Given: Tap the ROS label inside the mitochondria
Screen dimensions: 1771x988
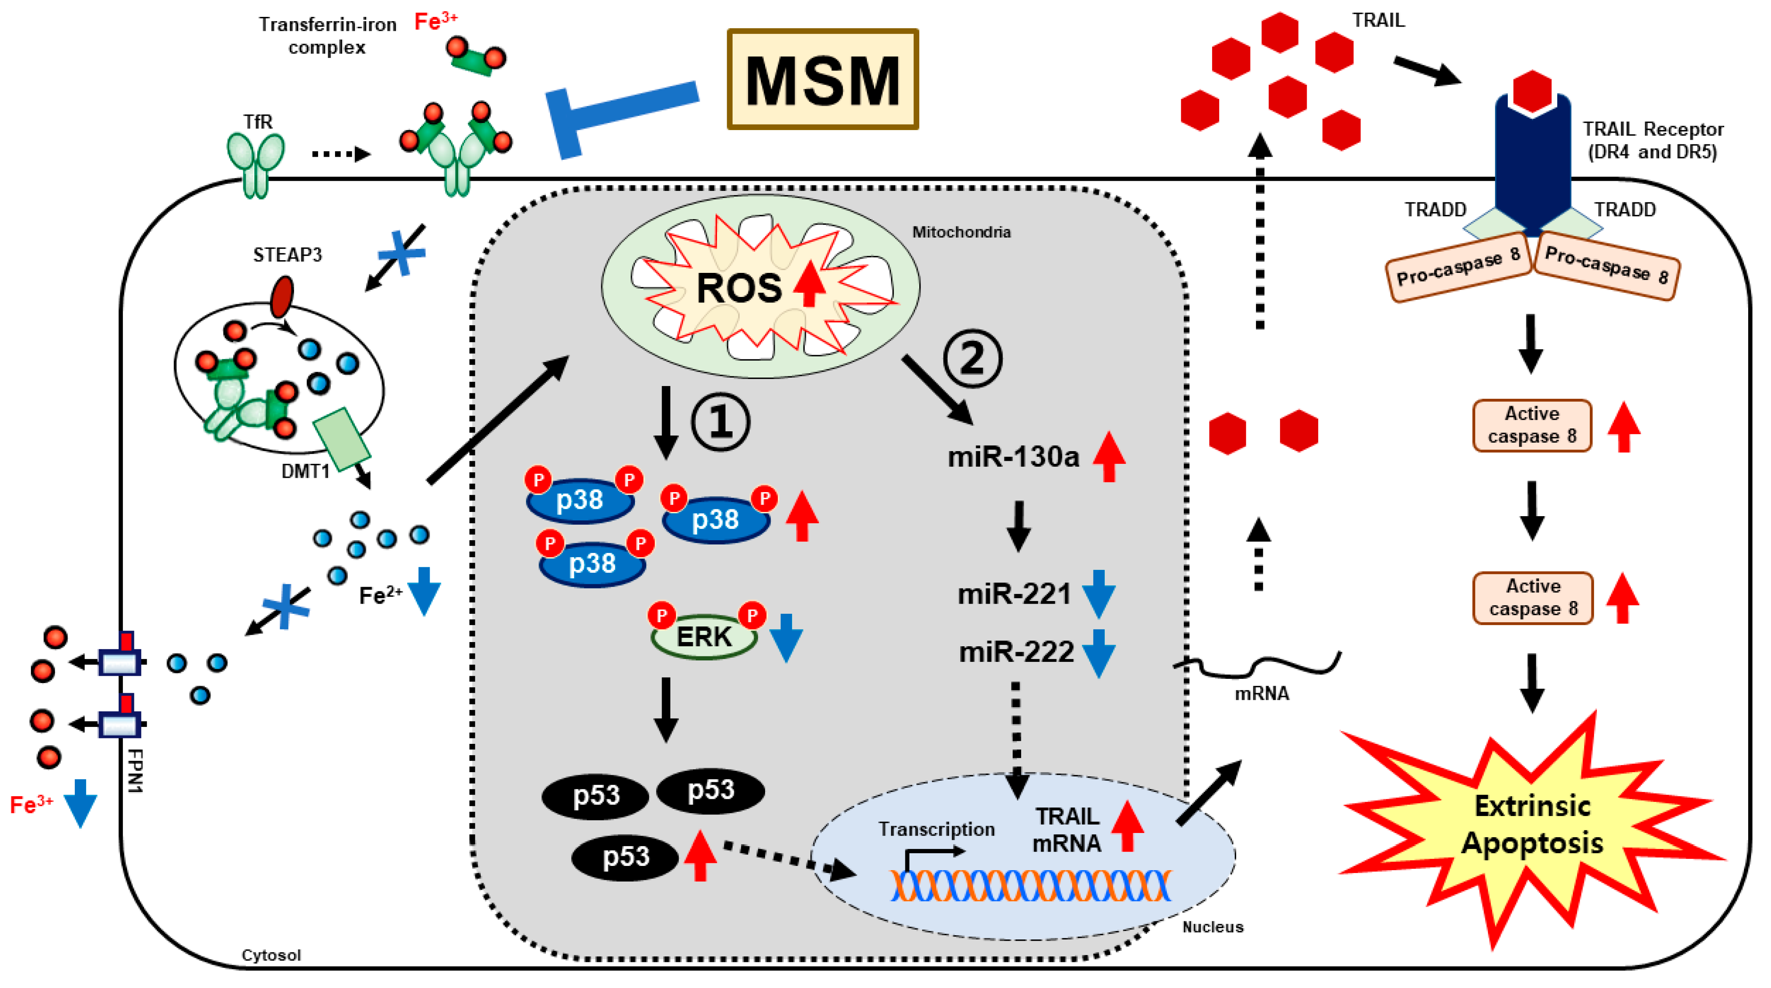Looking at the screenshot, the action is [x=739, y=287].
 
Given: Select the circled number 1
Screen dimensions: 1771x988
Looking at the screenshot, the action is [x=720, y=422].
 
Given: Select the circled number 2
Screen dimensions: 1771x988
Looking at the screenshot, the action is [x=972, y=358].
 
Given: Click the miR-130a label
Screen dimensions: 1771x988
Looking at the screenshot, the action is [x=1014, y=457].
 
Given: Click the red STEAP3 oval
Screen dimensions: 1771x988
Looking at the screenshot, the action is [x=282, y=297].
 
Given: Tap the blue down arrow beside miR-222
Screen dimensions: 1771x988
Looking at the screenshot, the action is [x=1098, y=653].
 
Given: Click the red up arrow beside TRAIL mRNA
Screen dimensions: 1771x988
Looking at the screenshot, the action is [x=1128, y=826].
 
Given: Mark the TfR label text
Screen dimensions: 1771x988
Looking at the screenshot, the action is [x=258, y=122].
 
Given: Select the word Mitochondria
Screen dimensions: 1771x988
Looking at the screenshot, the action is [x=961, y=232].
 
